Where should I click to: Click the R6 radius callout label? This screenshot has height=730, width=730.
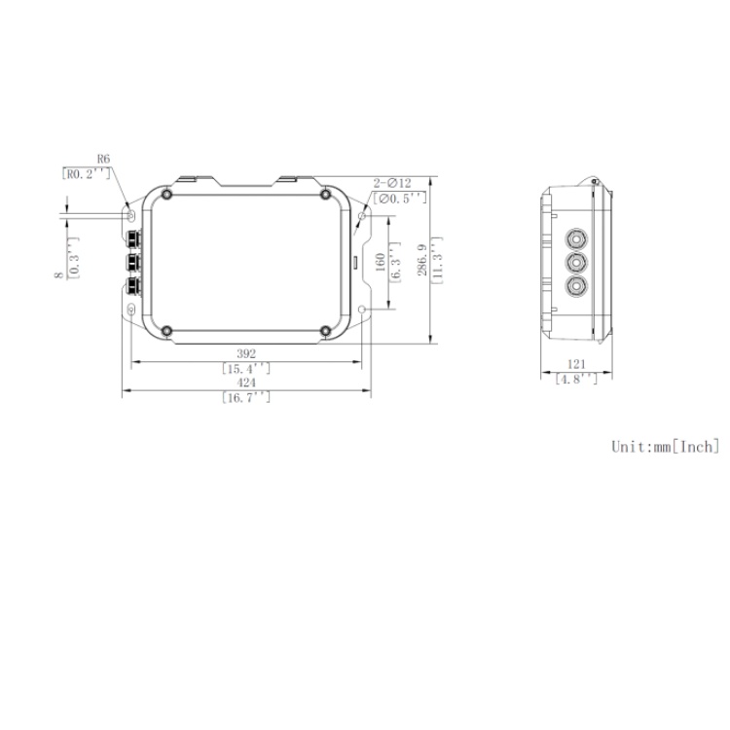(103, 159)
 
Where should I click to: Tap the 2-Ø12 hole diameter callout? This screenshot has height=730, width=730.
(392, 182)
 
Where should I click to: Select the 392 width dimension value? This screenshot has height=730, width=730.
(245, 353)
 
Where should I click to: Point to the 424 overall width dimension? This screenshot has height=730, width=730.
(245, 383)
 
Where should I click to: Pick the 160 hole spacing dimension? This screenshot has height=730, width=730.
(381, 262)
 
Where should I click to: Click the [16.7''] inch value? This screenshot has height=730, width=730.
(245, 398)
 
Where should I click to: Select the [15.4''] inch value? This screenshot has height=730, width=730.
(245, 369)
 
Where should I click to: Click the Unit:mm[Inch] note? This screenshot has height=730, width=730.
(664, 447)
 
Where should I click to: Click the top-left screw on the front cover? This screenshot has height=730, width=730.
(168, 196)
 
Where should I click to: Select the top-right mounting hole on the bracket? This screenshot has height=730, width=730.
(362, 215)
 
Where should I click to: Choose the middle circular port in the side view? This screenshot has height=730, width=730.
(577, 262)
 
